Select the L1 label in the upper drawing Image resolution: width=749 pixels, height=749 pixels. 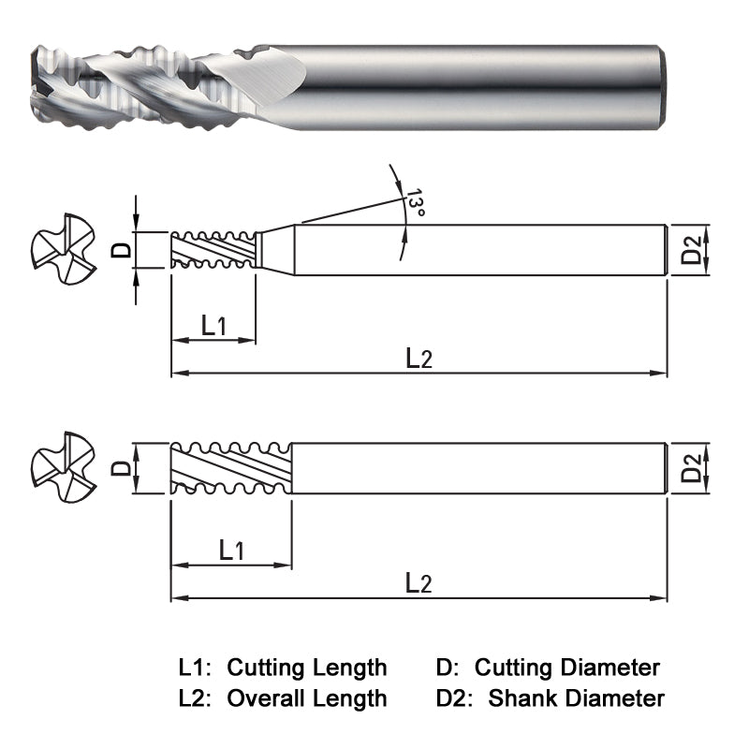click(x=214, y=325)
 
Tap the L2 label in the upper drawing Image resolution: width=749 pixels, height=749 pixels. click(x=419, y=357)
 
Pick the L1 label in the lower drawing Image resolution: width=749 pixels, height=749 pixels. click(x=231, y=550)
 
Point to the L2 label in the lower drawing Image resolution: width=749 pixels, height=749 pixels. click(x=419, y=582)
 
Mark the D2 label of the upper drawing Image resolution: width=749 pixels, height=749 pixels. click(x=692, y=250)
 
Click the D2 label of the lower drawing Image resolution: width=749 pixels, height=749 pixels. click(x=692, y=467)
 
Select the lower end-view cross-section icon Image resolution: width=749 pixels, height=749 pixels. click(x=64, y=466)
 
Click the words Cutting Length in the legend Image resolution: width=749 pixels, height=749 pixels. click(x=307, y=668)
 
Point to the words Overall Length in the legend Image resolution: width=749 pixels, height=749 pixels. click(x=307, y=698)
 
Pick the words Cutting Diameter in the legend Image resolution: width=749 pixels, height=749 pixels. click(x=566, y=668)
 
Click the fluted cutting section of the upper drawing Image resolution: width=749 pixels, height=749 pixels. click(x=213, y=249)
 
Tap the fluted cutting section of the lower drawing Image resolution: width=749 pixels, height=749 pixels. click(x=231, y=467)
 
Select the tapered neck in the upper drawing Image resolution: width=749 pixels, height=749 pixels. click(x=277, y=249)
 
